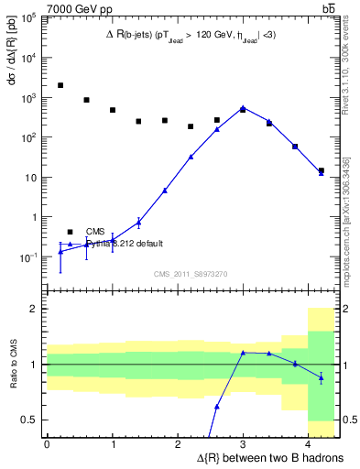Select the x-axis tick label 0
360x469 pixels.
[47, 443]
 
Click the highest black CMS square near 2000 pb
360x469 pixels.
[60, 85]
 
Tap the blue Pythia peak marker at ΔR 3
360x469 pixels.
[243, 107]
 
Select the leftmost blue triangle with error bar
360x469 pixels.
[60, 250]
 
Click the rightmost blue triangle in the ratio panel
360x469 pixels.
[321, 377]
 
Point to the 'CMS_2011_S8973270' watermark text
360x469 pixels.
[190, 273]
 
